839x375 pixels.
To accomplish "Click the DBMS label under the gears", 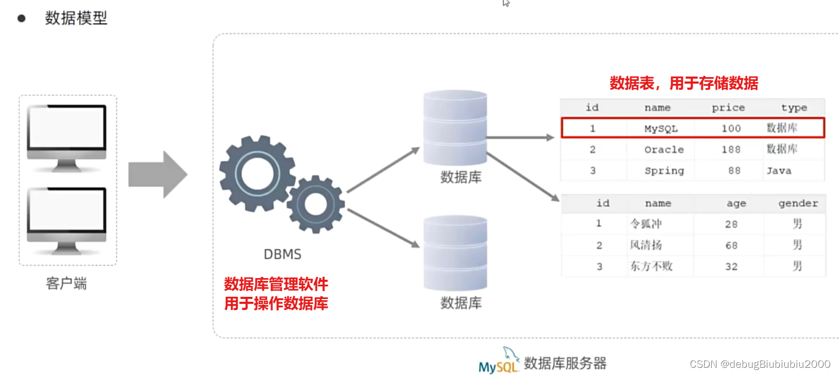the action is pyautogui.click(x=282, y=254).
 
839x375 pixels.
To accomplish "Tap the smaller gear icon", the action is pyautogui.click(x=315, y=203).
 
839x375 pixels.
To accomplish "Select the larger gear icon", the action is pyautogui.click(x=256, y=171).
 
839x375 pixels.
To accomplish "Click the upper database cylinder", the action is pyautogui.click(x=455, y=128).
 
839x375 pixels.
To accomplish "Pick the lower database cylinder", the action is pyautogui.click(x=455, y=253).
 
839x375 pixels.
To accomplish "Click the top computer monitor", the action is pyautogui.click(x=67, y=132).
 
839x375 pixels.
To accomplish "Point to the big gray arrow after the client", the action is pyautogui.click(x=158, y=175).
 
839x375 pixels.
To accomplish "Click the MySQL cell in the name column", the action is pyautogui.click(x=661, y=129).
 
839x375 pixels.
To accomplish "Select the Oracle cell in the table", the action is pyautogui.click(x=664, y=150).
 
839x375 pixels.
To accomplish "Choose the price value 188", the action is pyautogui.click(x=731, y=150).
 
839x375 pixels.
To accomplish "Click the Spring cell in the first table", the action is pyautogui.click(x=664, y=171).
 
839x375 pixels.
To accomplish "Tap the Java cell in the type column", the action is pyautogui.click(x=778, y=171).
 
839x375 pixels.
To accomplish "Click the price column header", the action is pyautogui.click(x=728, y=108).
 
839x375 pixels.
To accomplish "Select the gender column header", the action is pyautogui.click(x=798, y=204).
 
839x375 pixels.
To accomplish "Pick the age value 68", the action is pyautogui.click(x=731, y=246).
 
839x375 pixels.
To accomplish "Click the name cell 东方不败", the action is pyautogui.click(x=651, y=267).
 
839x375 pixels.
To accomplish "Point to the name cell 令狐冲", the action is pyautogui.click(x=646, y=224).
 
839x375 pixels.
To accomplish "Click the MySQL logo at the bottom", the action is pyautogui.click(x=499, y=362).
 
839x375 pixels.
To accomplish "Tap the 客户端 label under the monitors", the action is pyautogui.click(x=66, y=284).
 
